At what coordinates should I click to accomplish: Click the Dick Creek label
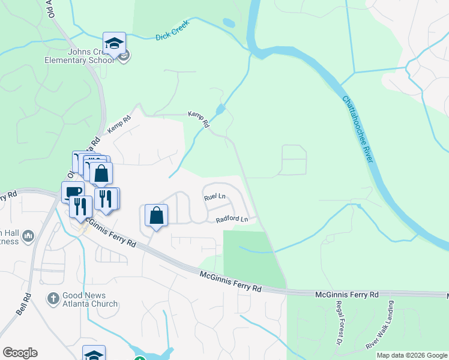[x=172, y=37]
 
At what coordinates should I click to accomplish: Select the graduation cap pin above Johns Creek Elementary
[x=114, y=43]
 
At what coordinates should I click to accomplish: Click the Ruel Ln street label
[x=214, y=196]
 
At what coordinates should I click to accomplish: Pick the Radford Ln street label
[x=232, y=220]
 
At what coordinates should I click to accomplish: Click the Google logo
[x=20, y=353]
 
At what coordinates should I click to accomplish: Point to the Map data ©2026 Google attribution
[x=411, y=355]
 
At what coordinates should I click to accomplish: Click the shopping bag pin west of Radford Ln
[x=156, y=215]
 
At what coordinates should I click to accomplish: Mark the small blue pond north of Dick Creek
[x=229, y=23]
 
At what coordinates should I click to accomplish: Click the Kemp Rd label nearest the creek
[x=199, y=119]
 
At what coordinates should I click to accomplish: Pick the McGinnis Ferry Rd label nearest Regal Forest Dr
[x=347, y=295]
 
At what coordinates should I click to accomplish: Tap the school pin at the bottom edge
[x=94, y=354]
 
